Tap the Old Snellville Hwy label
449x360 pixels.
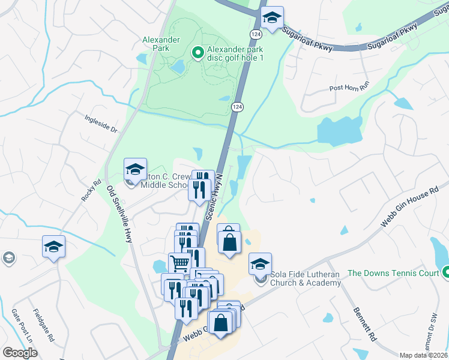point(119,213)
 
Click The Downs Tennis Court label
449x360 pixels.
point(393,273)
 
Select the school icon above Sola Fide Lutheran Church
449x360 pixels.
point(260,263)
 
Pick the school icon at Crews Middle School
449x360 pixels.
point(135,169)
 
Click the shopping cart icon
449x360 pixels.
point(179,263)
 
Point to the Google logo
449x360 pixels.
point(20,353)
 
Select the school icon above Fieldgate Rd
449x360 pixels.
point(53,246)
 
